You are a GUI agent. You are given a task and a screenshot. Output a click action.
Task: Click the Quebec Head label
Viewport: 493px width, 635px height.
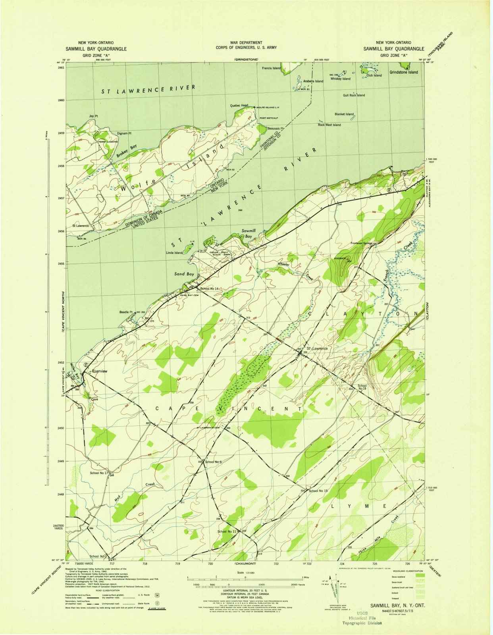pos(239,106)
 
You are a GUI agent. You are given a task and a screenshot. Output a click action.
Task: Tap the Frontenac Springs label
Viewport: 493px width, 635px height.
pos(362,243)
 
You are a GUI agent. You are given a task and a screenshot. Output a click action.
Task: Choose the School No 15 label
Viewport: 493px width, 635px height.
pos(318,491)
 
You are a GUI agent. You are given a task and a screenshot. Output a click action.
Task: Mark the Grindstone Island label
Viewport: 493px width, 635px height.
pos(403,72)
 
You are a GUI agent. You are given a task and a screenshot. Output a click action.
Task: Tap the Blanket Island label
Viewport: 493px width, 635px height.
pos(344,114)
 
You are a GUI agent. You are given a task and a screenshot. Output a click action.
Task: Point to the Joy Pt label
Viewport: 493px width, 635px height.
pos(93,116)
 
